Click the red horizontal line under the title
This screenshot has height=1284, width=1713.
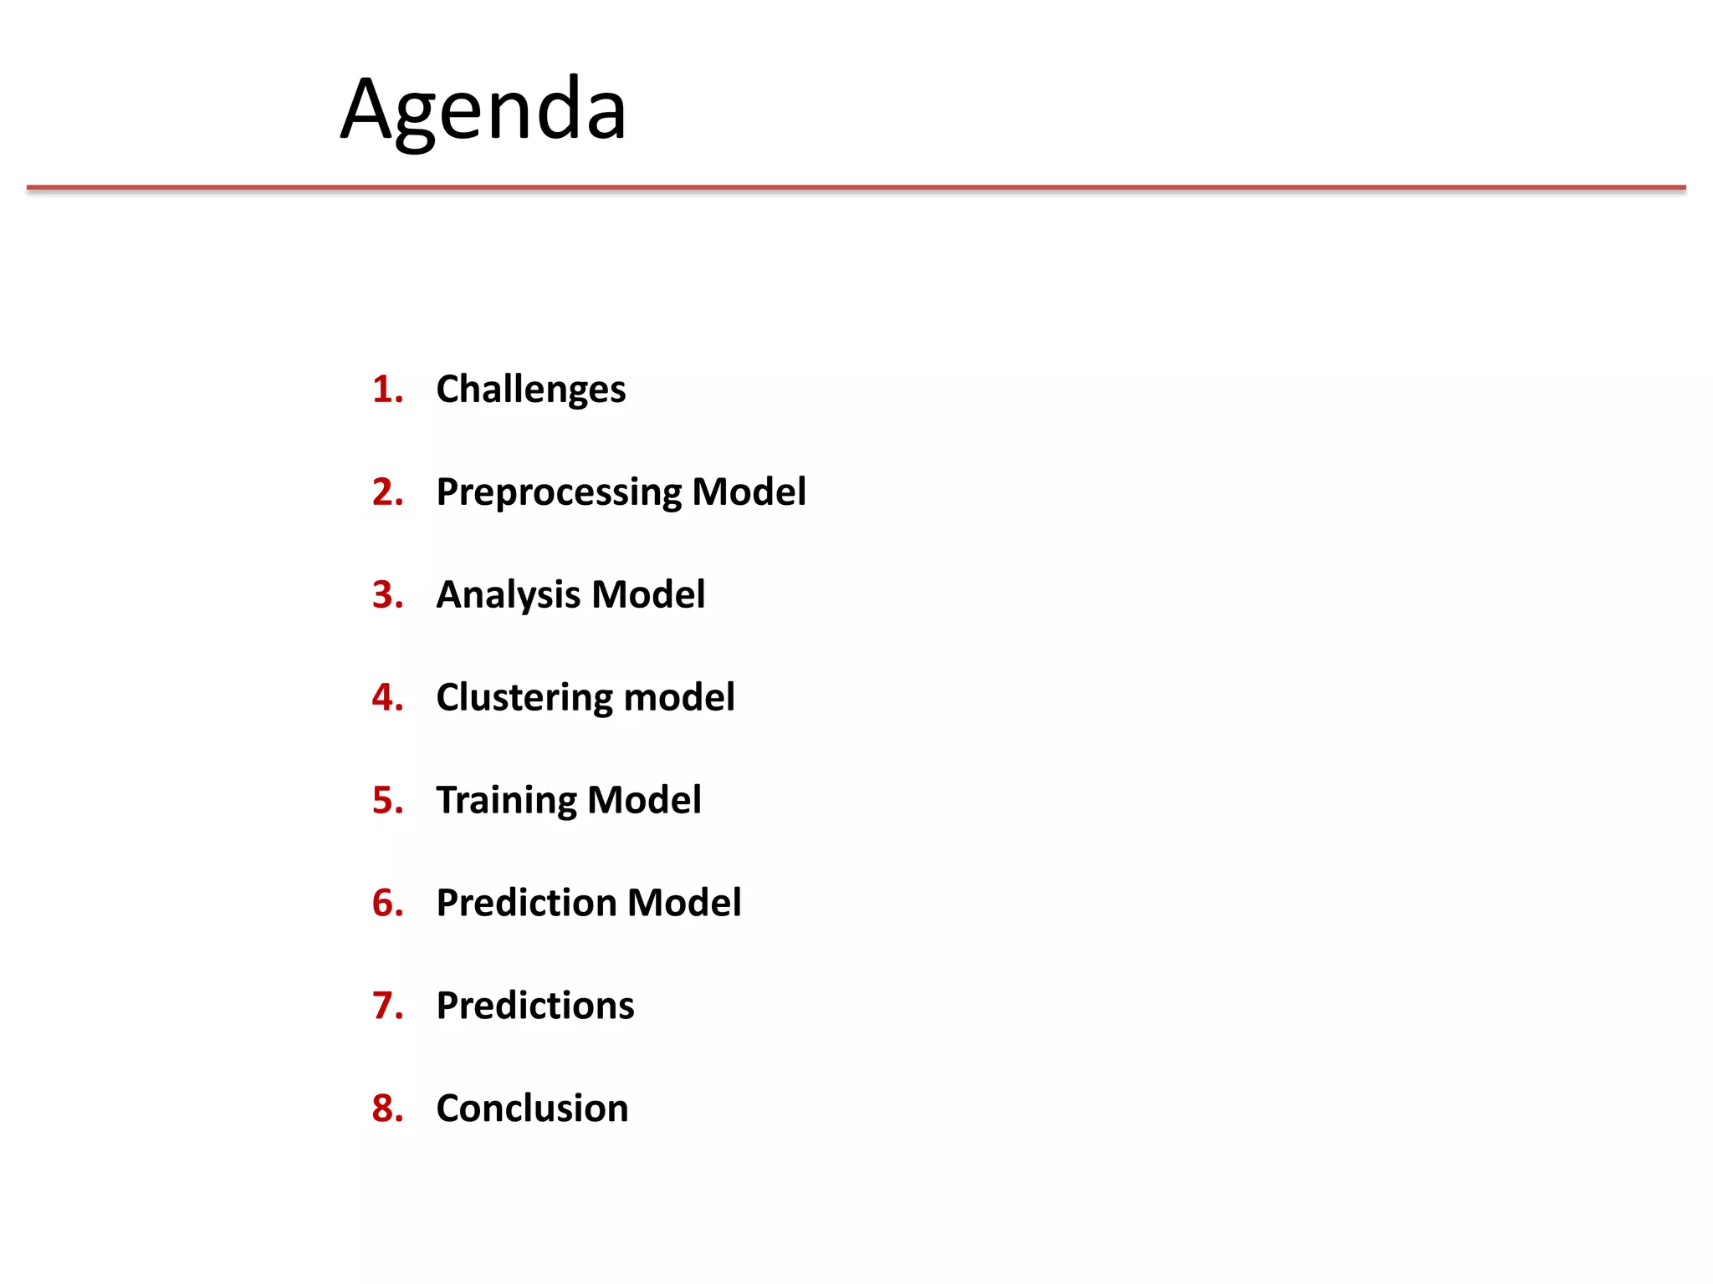click(856, 188)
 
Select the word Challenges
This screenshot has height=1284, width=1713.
click(530, 390)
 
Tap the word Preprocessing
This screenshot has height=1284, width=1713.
click(558, 492)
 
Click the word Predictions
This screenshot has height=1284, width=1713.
click(535, 1006)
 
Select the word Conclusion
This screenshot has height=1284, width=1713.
click(532, 1108)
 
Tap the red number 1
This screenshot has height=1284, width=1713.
click(386, 390)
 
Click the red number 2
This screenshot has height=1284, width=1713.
click(386, 492)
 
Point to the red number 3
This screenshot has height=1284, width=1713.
click(386, 595)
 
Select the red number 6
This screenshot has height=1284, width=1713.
click(386, 903)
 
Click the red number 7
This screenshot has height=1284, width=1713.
click(386, 1006)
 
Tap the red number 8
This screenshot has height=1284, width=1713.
click(386, 1108)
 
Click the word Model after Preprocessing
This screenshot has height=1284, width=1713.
click(749, 492)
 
